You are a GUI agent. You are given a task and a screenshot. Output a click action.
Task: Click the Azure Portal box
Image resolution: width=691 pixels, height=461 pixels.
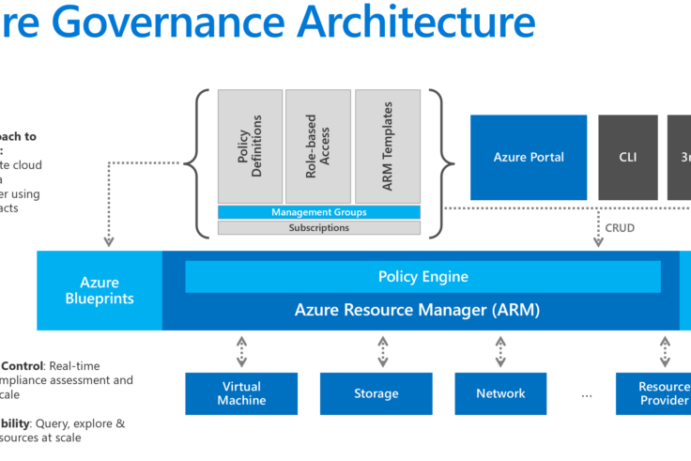coord(529,158)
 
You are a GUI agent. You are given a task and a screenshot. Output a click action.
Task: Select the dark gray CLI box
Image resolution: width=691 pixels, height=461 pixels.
coord(627,158)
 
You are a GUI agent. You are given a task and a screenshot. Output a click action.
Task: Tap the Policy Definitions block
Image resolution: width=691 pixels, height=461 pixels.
coord(250,146)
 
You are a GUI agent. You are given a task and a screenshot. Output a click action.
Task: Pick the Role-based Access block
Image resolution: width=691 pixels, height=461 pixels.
coord(318,146)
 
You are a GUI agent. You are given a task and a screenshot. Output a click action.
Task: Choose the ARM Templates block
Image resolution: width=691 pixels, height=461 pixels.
coord(387,146)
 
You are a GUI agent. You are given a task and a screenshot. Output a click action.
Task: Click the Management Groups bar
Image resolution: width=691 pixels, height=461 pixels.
coord(318,213)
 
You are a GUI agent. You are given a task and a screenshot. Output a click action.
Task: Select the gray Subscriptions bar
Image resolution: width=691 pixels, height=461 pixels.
coord(318,227)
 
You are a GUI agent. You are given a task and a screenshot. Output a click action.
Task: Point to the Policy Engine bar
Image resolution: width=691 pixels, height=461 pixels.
coord(422,277)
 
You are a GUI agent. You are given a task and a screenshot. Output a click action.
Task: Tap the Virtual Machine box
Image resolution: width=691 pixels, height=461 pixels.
coord(241,393)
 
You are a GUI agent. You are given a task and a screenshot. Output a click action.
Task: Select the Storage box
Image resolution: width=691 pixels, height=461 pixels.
coord(376,393)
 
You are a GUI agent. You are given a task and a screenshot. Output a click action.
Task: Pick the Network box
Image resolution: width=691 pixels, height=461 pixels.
coord(500,393)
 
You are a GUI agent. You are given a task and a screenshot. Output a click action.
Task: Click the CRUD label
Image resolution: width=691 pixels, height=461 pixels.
coord(620,227)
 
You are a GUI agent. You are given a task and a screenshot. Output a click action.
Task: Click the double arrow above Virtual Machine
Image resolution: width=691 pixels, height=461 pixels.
coord(241,351)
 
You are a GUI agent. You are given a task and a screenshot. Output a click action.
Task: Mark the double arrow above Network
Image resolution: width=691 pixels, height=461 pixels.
coord(500,351)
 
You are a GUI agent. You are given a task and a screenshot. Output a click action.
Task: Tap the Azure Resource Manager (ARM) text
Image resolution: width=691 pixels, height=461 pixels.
coord(417,309)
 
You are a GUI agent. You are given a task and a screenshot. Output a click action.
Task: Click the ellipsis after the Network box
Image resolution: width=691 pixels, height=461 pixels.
coord(587,394)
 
